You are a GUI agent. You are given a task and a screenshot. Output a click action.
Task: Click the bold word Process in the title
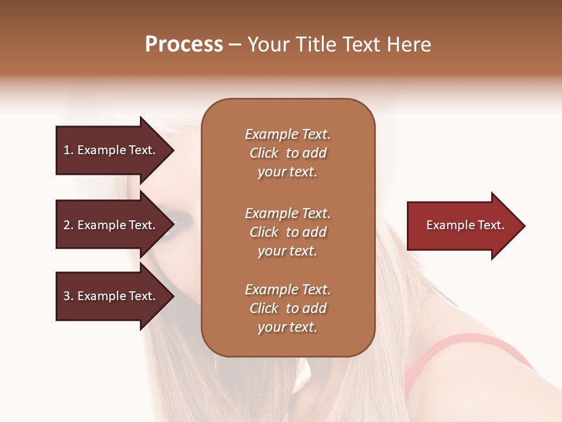184,45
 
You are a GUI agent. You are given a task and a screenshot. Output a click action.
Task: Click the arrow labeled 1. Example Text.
111,151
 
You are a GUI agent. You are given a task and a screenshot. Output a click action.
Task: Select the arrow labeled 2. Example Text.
111,225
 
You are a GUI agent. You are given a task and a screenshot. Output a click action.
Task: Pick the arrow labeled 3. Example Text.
111,296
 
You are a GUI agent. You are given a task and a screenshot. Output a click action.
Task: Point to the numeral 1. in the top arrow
68,151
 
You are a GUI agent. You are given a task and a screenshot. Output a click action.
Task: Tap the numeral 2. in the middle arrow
68,225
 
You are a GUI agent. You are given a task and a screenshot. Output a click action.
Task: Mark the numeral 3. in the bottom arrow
68,296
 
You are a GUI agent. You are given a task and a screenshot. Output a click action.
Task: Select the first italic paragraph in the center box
287,153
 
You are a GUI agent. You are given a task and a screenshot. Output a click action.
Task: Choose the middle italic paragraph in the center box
287,232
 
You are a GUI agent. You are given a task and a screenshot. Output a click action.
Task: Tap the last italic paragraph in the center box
287,308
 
